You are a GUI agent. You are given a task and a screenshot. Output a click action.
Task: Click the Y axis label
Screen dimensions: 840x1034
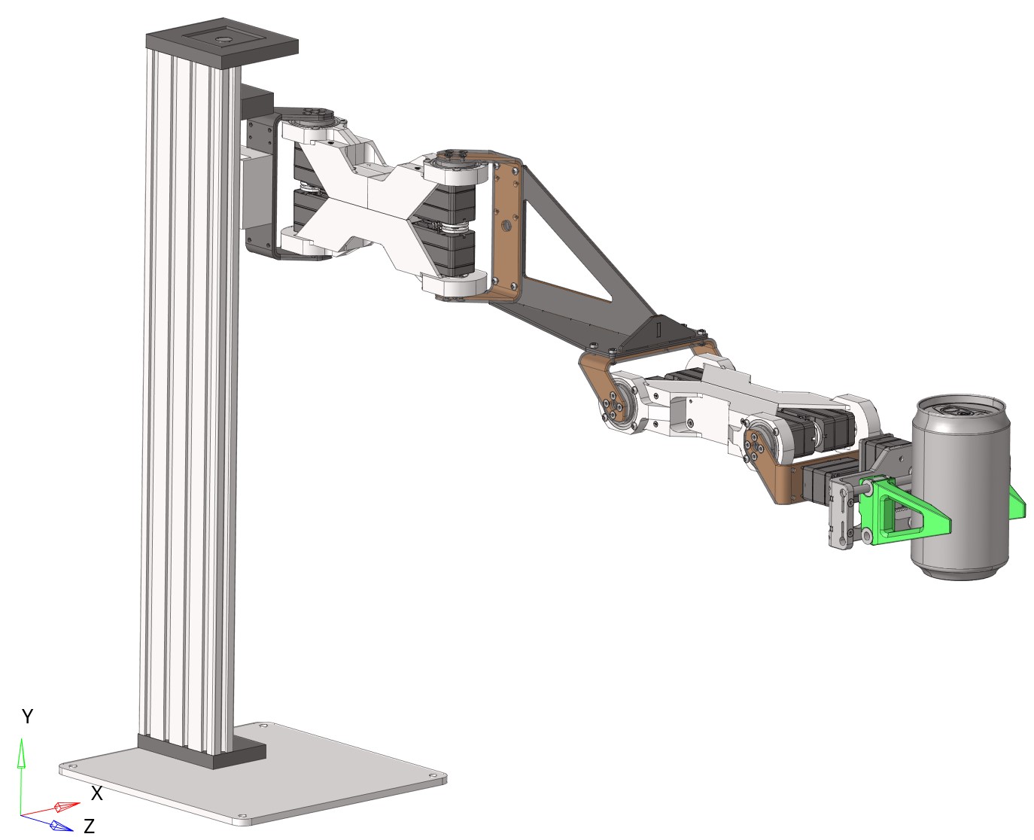click(x=27, y=716)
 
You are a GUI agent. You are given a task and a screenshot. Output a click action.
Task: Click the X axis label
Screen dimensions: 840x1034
click(x=96, y=793)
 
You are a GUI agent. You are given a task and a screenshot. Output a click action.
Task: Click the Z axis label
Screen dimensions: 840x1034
click(x=89, y=826)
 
